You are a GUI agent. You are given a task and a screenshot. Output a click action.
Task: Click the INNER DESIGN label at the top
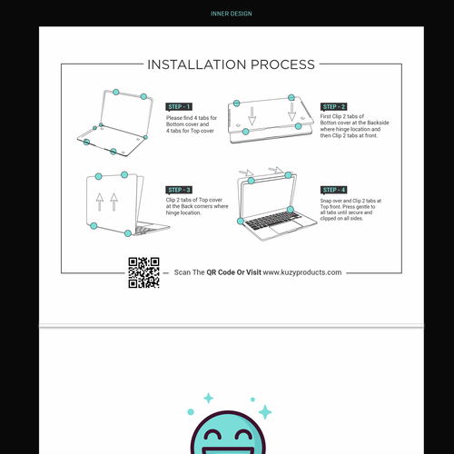coord(231,14)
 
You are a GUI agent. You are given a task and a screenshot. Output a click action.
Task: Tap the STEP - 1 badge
coord(179,106)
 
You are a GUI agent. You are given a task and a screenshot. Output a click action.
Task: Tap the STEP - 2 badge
coord(334,106)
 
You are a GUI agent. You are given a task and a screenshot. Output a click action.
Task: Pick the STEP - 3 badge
coord(179,189)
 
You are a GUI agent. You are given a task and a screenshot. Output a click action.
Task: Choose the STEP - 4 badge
coord(334,189)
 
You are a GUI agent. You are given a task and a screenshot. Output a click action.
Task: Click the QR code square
coord(143,272)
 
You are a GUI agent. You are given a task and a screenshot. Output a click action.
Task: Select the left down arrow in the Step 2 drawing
coord(253,116)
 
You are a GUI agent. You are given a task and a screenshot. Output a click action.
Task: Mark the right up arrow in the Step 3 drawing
coord(113,202)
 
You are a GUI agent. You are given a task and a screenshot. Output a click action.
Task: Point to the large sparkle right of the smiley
coord(264,412)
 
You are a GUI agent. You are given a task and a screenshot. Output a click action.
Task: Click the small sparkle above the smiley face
coord(208,398)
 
